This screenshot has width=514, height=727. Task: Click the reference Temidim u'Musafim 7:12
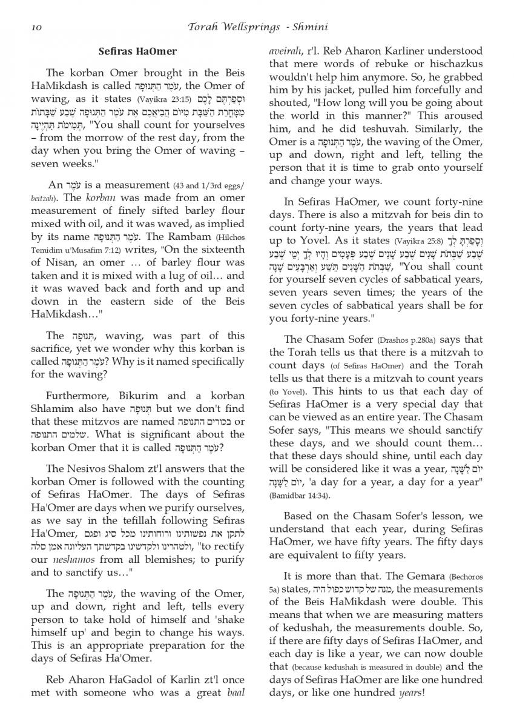tap(70, 250)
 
